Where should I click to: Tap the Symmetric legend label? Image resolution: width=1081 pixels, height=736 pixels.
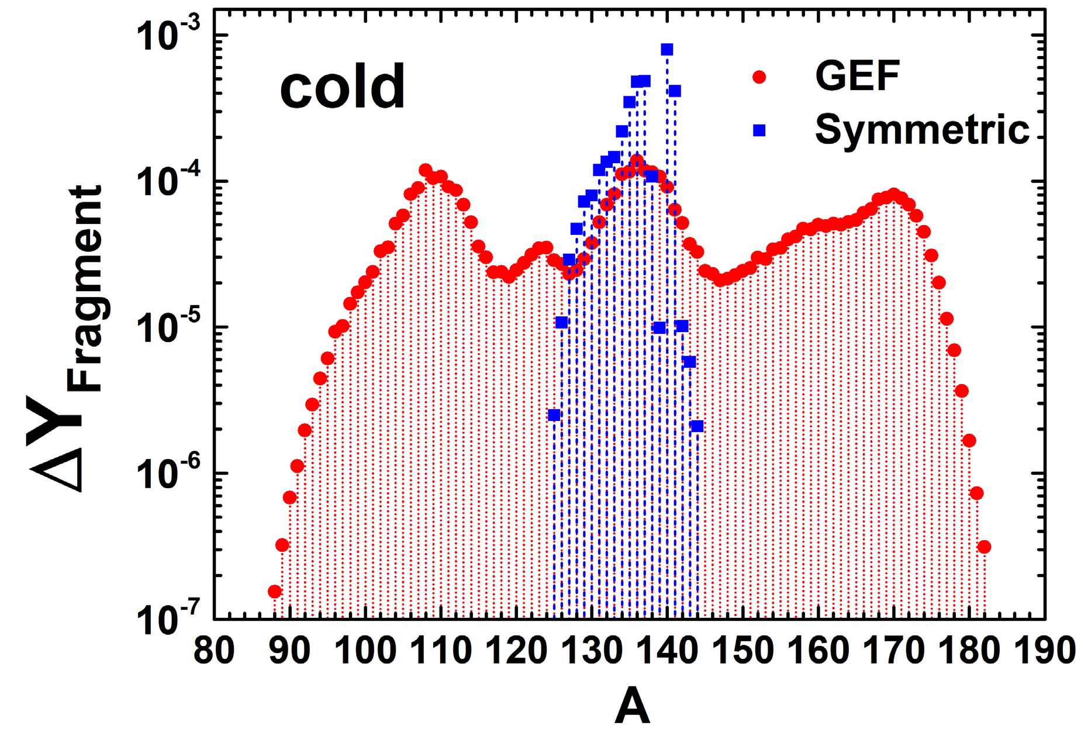point(921,129)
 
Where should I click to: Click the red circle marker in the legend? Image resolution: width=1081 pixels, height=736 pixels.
point(759,77)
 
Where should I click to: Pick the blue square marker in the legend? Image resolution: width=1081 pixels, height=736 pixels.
point(759,130)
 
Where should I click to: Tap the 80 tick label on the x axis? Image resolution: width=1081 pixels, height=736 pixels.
point(214,651)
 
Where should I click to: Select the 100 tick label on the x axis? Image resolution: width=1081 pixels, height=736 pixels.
point(366,651)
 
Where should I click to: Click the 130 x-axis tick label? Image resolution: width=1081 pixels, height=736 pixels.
point(593,651)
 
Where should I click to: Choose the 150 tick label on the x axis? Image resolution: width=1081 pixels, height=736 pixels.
point(744,651)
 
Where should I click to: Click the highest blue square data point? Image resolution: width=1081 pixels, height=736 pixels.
point(667,49)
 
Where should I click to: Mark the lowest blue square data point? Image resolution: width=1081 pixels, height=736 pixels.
point(554,415)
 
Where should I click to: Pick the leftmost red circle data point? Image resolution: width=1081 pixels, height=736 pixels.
point(275,592)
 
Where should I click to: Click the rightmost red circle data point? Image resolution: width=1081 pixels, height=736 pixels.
point(984,547)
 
